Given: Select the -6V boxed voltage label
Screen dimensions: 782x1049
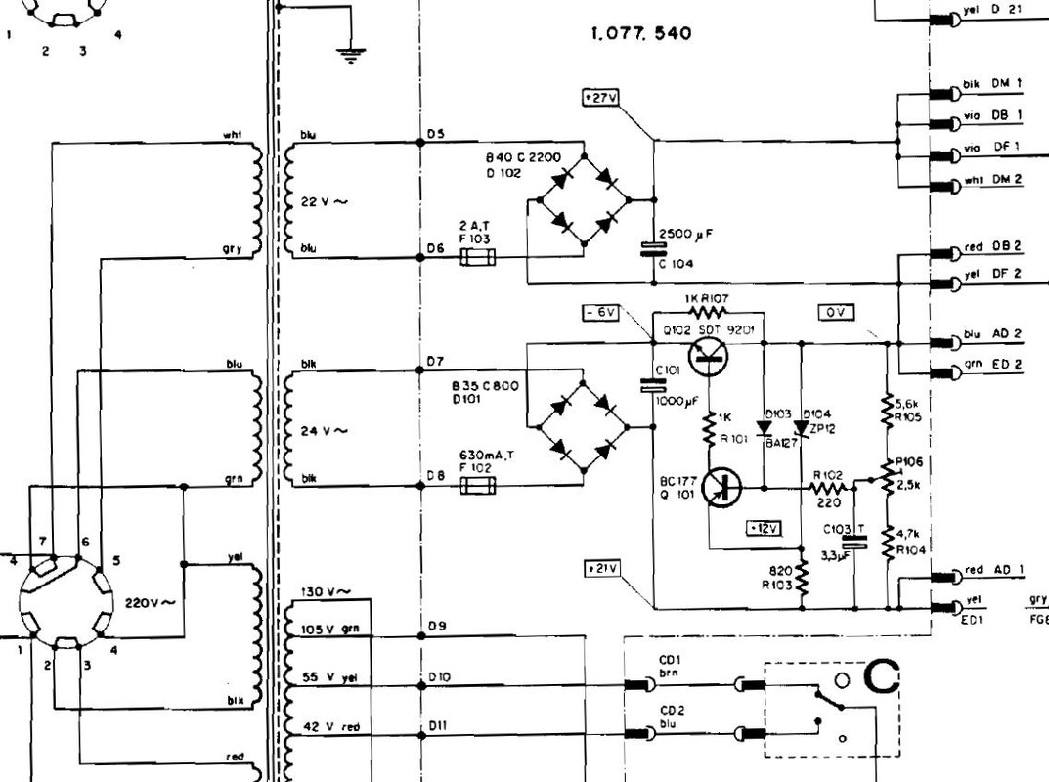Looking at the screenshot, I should (x=599, y=313).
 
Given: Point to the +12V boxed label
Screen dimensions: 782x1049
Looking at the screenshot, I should (x=764, y=528).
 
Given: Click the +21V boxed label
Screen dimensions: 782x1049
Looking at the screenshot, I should (x=599, y=568).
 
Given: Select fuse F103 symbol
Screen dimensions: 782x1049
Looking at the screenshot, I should (x=478, y=259).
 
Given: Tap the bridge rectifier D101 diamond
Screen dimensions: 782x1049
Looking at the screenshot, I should (x=585, y=427).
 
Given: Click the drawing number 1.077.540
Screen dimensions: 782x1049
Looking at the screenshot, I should (x=641, y=33).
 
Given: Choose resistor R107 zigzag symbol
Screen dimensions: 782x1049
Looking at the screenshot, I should (x=708, y=312).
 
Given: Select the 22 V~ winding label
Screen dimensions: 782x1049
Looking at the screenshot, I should (x=326, y=201).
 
